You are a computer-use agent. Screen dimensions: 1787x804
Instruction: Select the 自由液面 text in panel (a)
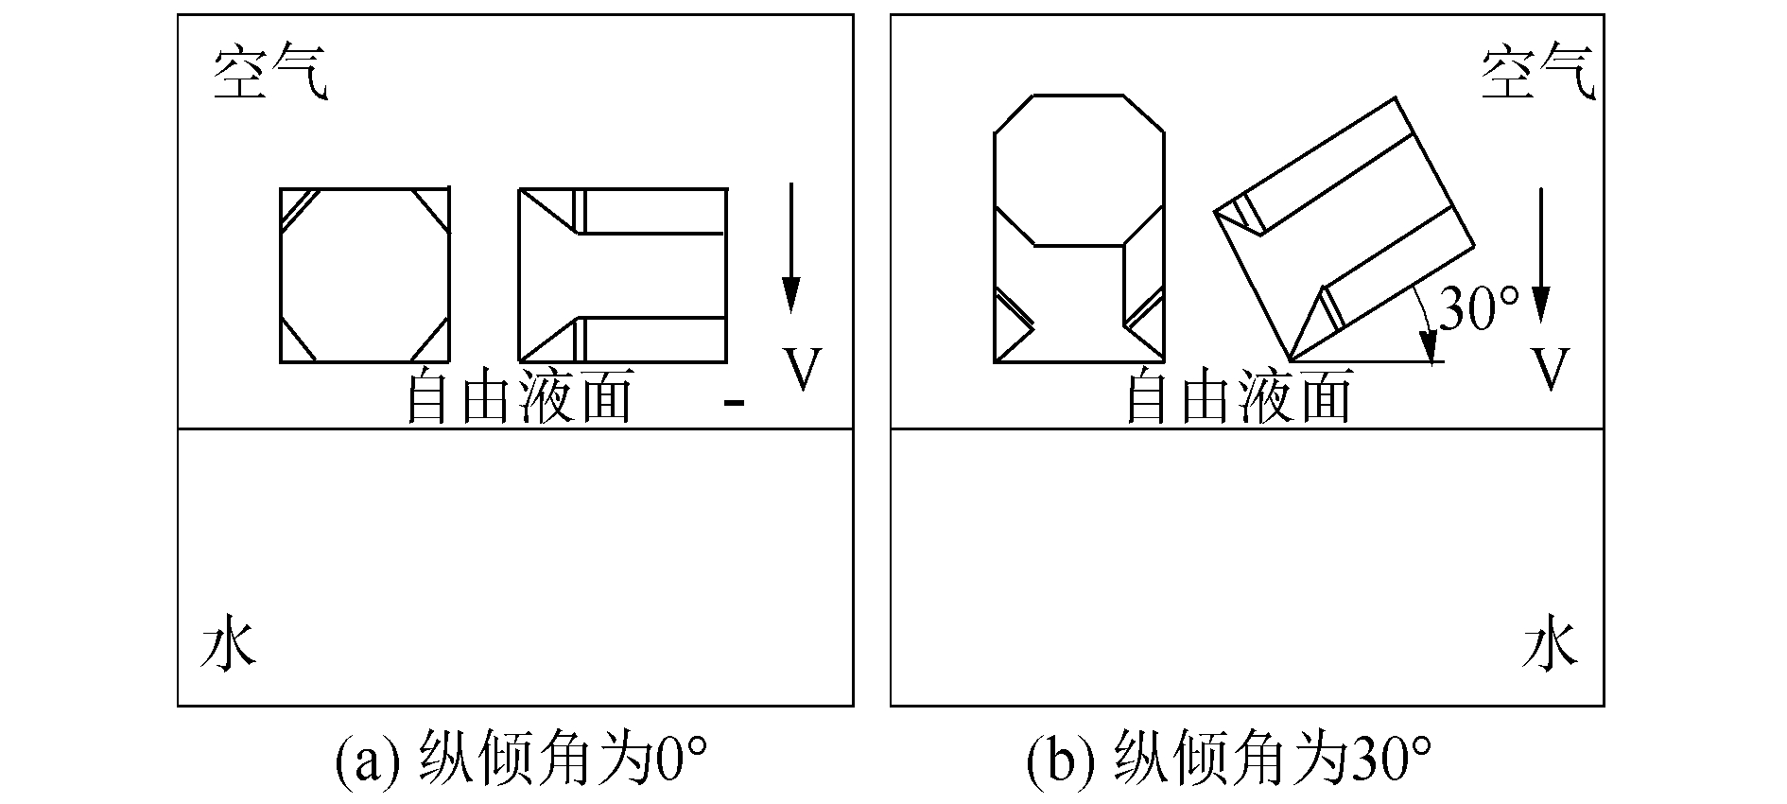[519, 397]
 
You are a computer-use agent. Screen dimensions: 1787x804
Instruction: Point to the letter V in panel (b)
[1551, 369]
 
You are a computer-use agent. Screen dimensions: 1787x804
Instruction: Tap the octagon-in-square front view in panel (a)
[365, 275]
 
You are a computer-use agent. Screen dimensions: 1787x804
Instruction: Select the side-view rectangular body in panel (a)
[623, 275]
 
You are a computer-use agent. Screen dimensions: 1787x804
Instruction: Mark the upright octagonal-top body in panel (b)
[1079, 227]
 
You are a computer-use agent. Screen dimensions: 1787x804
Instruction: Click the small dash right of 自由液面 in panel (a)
[733, 405]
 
